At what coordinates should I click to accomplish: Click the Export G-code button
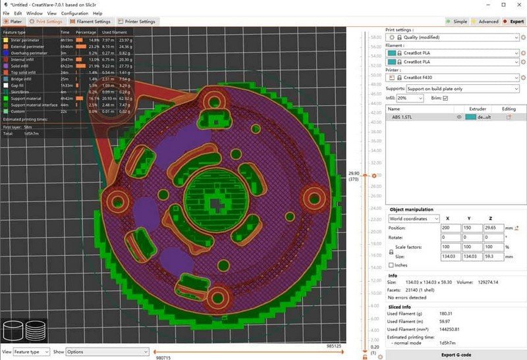[457, 355]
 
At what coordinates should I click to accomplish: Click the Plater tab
[13, 21]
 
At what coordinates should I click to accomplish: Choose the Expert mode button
[513, 21]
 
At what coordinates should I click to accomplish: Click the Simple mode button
[457, 21]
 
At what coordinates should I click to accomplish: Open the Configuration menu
[74, 13]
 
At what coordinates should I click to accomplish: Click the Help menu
[97, 13]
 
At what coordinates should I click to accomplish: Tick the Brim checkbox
[445, 98]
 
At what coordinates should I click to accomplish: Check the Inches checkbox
[392, 265]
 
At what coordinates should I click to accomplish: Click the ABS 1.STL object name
[402, 116]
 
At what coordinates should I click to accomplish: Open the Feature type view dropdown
[31, 351]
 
